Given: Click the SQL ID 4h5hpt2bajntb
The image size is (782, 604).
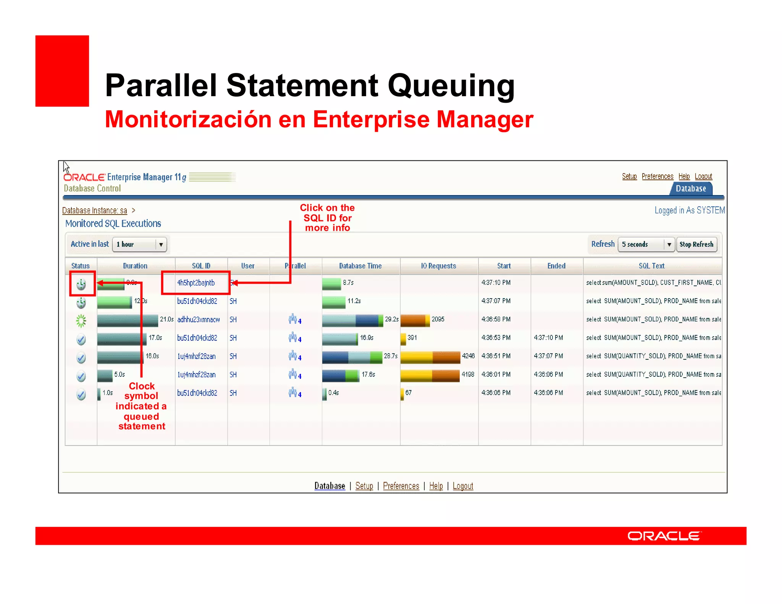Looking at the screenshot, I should [195, 283].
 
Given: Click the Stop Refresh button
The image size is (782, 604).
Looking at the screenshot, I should [696, 244].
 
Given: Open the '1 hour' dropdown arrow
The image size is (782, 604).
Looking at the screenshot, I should [161, 244].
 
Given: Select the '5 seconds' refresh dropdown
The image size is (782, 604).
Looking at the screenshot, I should [645, 244].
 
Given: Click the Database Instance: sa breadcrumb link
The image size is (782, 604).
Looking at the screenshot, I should [94, 210].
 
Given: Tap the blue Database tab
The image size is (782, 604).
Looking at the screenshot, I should [690, 189].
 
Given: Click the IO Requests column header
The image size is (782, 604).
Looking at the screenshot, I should [438, 266].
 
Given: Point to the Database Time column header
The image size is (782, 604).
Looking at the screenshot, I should [360, 266].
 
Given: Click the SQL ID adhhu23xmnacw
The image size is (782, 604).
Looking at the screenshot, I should [198, 320].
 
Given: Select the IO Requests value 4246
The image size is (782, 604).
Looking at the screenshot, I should [468, 356].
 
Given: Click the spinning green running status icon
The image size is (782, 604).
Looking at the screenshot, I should [81, 321].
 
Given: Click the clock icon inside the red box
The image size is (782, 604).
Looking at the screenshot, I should [81, 284].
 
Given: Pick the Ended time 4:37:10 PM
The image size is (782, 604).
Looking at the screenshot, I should [548, 338].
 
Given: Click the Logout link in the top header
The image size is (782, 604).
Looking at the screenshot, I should [703, 176].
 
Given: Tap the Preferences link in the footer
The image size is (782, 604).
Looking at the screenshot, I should [401, 486].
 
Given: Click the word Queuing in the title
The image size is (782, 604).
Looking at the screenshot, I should [451, 86].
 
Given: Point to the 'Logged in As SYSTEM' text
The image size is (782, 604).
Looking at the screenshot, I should [689, 210].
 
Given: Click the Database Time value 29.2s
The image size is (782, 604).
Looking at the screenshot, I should [391, 319].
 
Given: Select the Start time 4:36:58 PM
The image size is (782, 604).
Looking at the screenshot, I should [496, 319].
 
